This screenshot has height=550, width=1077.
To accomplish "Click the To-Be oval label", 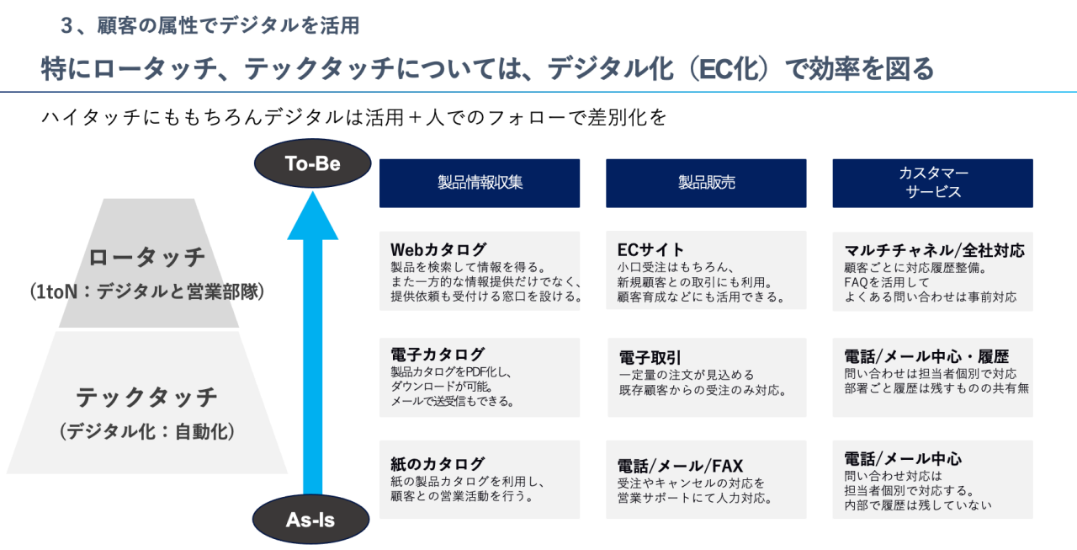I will tap(312, 164).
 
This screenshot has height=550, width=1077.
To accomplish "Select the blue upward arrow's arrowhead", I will tap(313, 214).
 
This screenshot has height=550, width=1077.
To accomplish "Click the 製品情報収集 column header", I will tap(480, 183).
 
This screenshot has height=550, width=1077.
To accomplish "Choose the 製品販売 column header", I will tap(706, 183).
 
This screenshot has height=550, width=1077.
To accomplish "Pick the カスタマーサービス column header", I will tap(932, 183).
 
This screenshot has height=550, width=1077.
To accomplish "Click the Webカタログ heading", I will tap(438, 250).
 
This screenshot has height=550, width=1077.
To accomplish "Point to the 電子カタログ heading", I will tap(438, 355).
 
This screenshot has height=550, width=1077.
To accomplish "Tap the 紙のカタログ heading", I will tap(438, 463).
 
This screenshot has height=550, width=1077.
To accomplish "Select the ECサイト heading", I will tap(650, 250).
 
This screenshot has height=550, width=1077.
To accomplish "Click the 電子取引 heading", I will tap(650, 357).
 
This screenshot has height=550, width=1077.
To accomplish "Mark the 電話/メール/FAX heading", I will tap(680, 466).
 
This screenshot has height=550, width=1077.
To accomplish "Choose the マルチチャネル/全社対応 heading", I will tap(934, 250).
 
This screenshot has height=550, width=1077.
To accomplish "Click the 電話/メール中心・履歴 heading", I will tap(926, 356).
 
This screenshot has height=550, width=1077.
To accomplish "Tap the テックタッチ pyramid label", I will tap(147, 397).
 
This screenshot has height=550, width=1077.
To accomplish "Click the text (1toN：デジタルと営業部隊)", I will tap(147, 292).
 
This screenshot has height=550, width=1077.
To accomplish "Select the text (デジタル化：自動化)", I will tap(147, 432).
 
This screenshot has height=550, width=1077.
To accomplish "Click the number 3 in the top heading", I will tap(68, 26).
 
